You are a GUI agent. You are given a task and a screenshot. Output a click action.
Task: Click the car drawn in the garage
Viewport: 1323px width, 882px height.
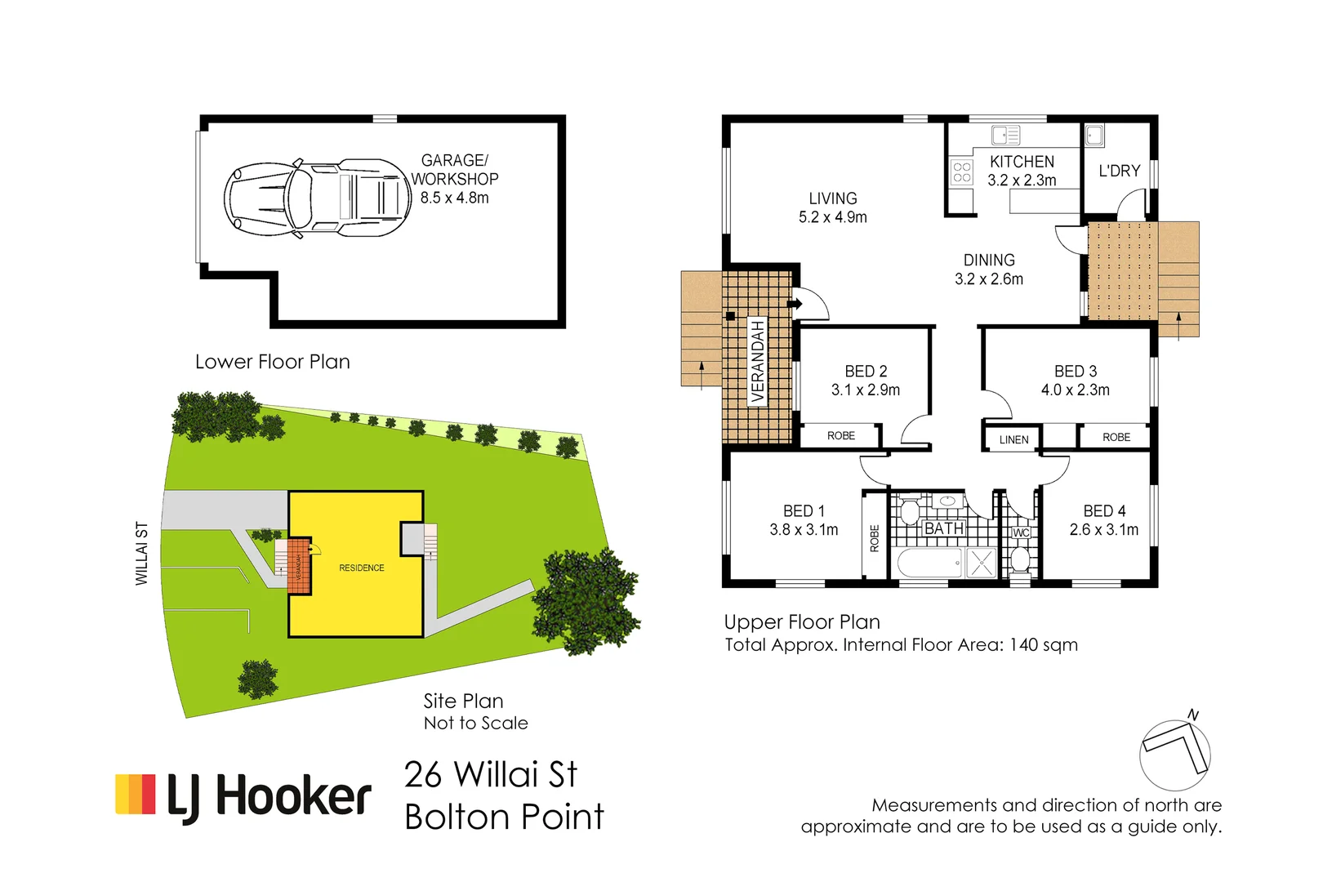pos(317,198)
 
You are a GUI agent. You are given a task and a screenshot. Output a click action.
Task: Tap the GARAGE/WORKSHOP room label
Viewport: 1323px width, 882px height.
pos(454,170)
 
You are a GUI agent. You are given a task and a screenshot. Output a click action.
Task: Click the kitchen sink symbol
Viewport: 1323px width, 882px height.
pos(1005,135)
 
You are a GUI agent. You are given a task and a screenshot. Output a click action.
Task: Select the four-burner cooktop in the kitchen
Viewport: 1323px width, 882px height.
pos(962,171)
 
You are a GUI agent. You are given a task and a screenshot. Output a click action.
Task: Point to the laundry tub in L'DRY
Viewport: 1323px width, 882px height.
pos(1094,136)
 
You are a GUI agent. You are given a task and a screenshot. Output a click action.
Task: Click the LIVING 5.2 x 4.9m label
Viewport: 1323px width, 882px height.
pos(832,207)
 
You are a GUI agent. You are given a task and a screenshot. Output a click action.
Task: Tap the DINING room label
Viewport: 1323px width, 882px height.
pos(988,261)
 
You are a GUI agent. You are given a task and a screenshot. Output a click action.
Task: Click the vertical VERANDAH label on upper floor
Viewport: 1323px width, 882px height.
pos(758,361)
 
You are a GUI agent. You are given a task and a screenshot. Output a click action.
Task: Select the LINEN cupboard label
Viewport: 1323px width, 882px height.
pos(1013,439)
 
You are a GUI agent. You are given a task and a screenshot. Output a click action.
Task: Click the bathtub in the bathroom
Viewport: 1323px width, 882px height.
pos(930,563)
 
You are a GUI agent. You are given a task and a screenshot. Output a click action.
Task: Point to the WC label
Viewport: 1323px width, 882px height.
pos(1021,532)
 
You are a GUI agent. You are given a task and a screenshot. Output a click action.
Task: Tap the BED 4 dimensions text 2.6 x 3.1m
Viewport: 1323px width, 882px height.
pos(1103,530)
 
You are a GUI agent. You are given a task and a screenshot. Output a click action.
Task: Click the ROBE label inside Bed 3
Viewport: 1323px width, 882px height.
pos(1116,437)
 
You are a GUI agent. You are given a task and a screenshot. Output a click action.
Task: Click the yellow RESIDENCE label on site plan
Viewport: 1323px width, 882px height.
pos(361,568)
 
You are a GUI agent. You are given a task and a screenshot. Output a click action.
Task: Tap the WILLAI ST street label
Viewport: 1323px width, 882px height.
pos(141,553)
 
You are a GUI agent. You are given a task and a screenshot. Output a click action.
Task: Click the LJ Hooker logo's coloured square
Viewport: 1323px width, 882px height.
pos(136,795)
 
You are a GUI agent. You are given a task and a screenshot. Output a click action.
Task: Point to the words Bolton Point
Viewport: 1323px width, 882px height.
pos(504,817)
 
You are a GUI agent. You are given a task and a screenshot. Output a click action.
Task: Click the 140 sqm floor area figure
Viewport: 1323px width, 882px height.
pos(1043,645)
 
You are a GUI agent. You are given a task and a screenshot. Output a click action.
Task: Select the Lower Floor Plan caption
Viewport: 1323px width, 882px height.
pos(272,362)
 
